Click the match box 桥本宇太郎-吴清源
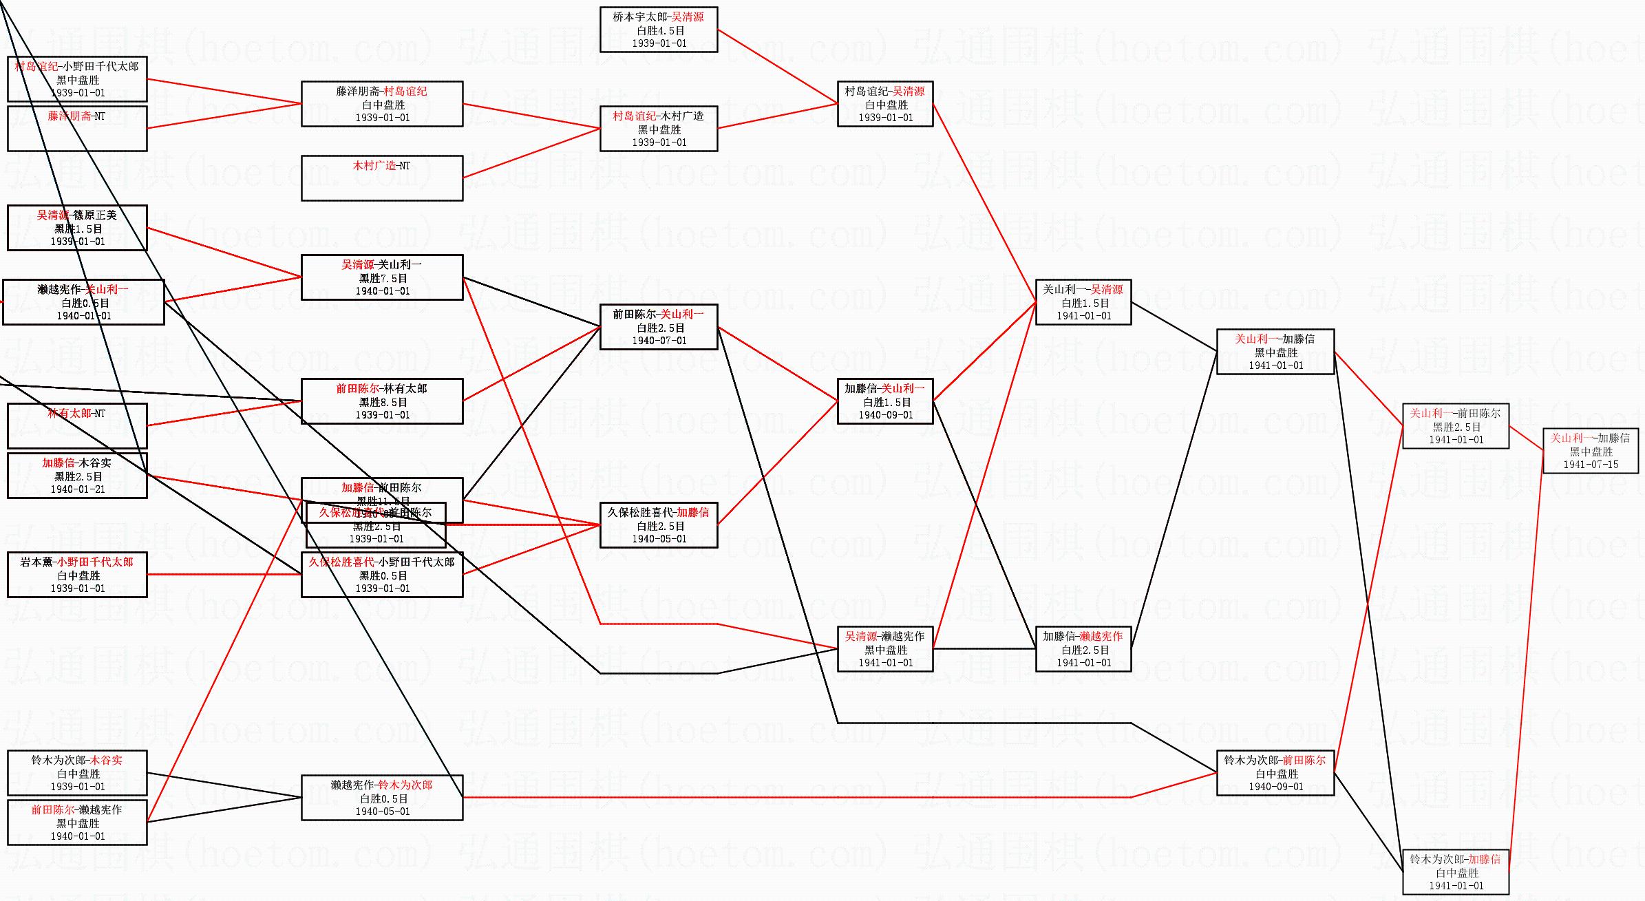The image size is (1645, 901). coord(658,30)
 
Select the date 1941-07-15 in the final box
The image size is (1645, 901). coord(1590,465)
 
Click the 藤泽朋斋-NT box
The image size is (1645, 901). coord(77,128)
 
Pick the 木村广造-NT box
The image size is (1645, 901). coord(381,178)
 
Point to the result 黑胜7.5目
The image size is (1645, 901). coord(383,278)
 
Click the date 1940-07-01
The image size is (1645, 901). coord(659,341)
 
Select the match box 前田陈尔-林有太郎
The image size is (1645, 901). coord(381,401)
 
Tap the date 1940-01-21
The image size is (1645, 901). coord(77,489)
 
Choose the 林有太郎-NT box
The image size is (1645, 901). coord(77,425)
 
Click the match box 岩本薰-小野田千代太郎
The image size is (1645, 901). coord(77,575)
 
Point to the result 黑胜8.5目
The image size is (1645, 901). coord(383,402)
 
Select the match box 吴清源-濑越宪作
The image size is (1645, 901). coord(884,649)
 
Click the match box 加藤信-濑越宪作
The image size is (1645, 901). coord(1083,649)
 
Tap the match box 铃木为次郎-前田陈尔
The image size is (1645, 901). coord(1275,773)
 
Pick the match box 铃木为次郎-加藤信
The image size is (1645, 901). coord(1455,872)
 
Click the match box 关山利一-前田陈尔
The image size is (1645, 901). coord(1455,426)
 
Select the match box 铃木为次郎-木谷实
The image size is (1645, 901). coord(77,773)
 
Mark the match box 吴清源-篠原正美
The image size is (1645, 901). coord(77,228)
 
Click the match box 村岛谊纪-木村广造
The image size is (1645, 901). coord(658,129)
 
